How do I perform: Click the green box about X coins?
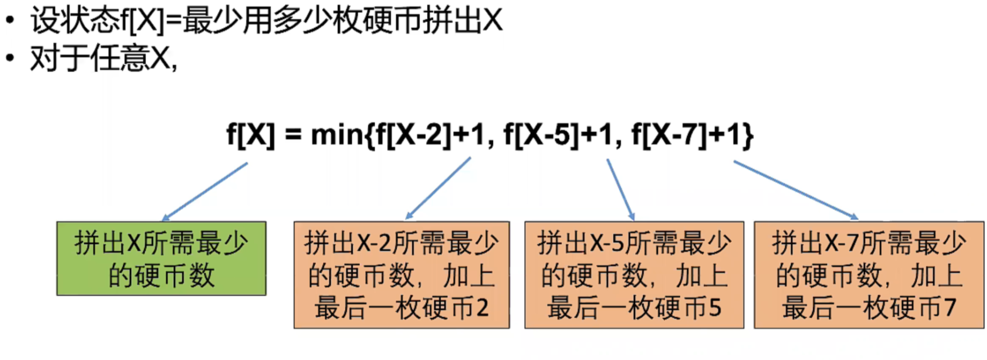coord(161,259)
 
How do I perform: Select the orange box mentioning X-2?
coord(401,275)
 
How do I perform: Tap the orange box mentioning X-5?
coord(634,275)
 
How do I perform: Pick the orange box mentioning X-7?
coord(869,275)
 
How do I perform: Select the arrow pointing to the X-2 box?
coord(439,188)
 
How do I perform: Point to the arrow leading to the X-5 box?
coord(620,189)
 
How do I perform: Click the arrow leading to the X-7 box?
coord(795,189)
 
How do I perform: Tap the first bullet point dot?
coord(10,21)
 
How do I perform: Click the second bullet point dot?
coord(10,59)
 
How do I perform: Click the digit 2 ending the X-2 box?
coord(482,308)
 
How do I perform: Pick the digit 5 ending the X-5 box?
coord(715,308)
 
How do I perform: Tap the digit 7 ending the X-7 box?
coord(949,308)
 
